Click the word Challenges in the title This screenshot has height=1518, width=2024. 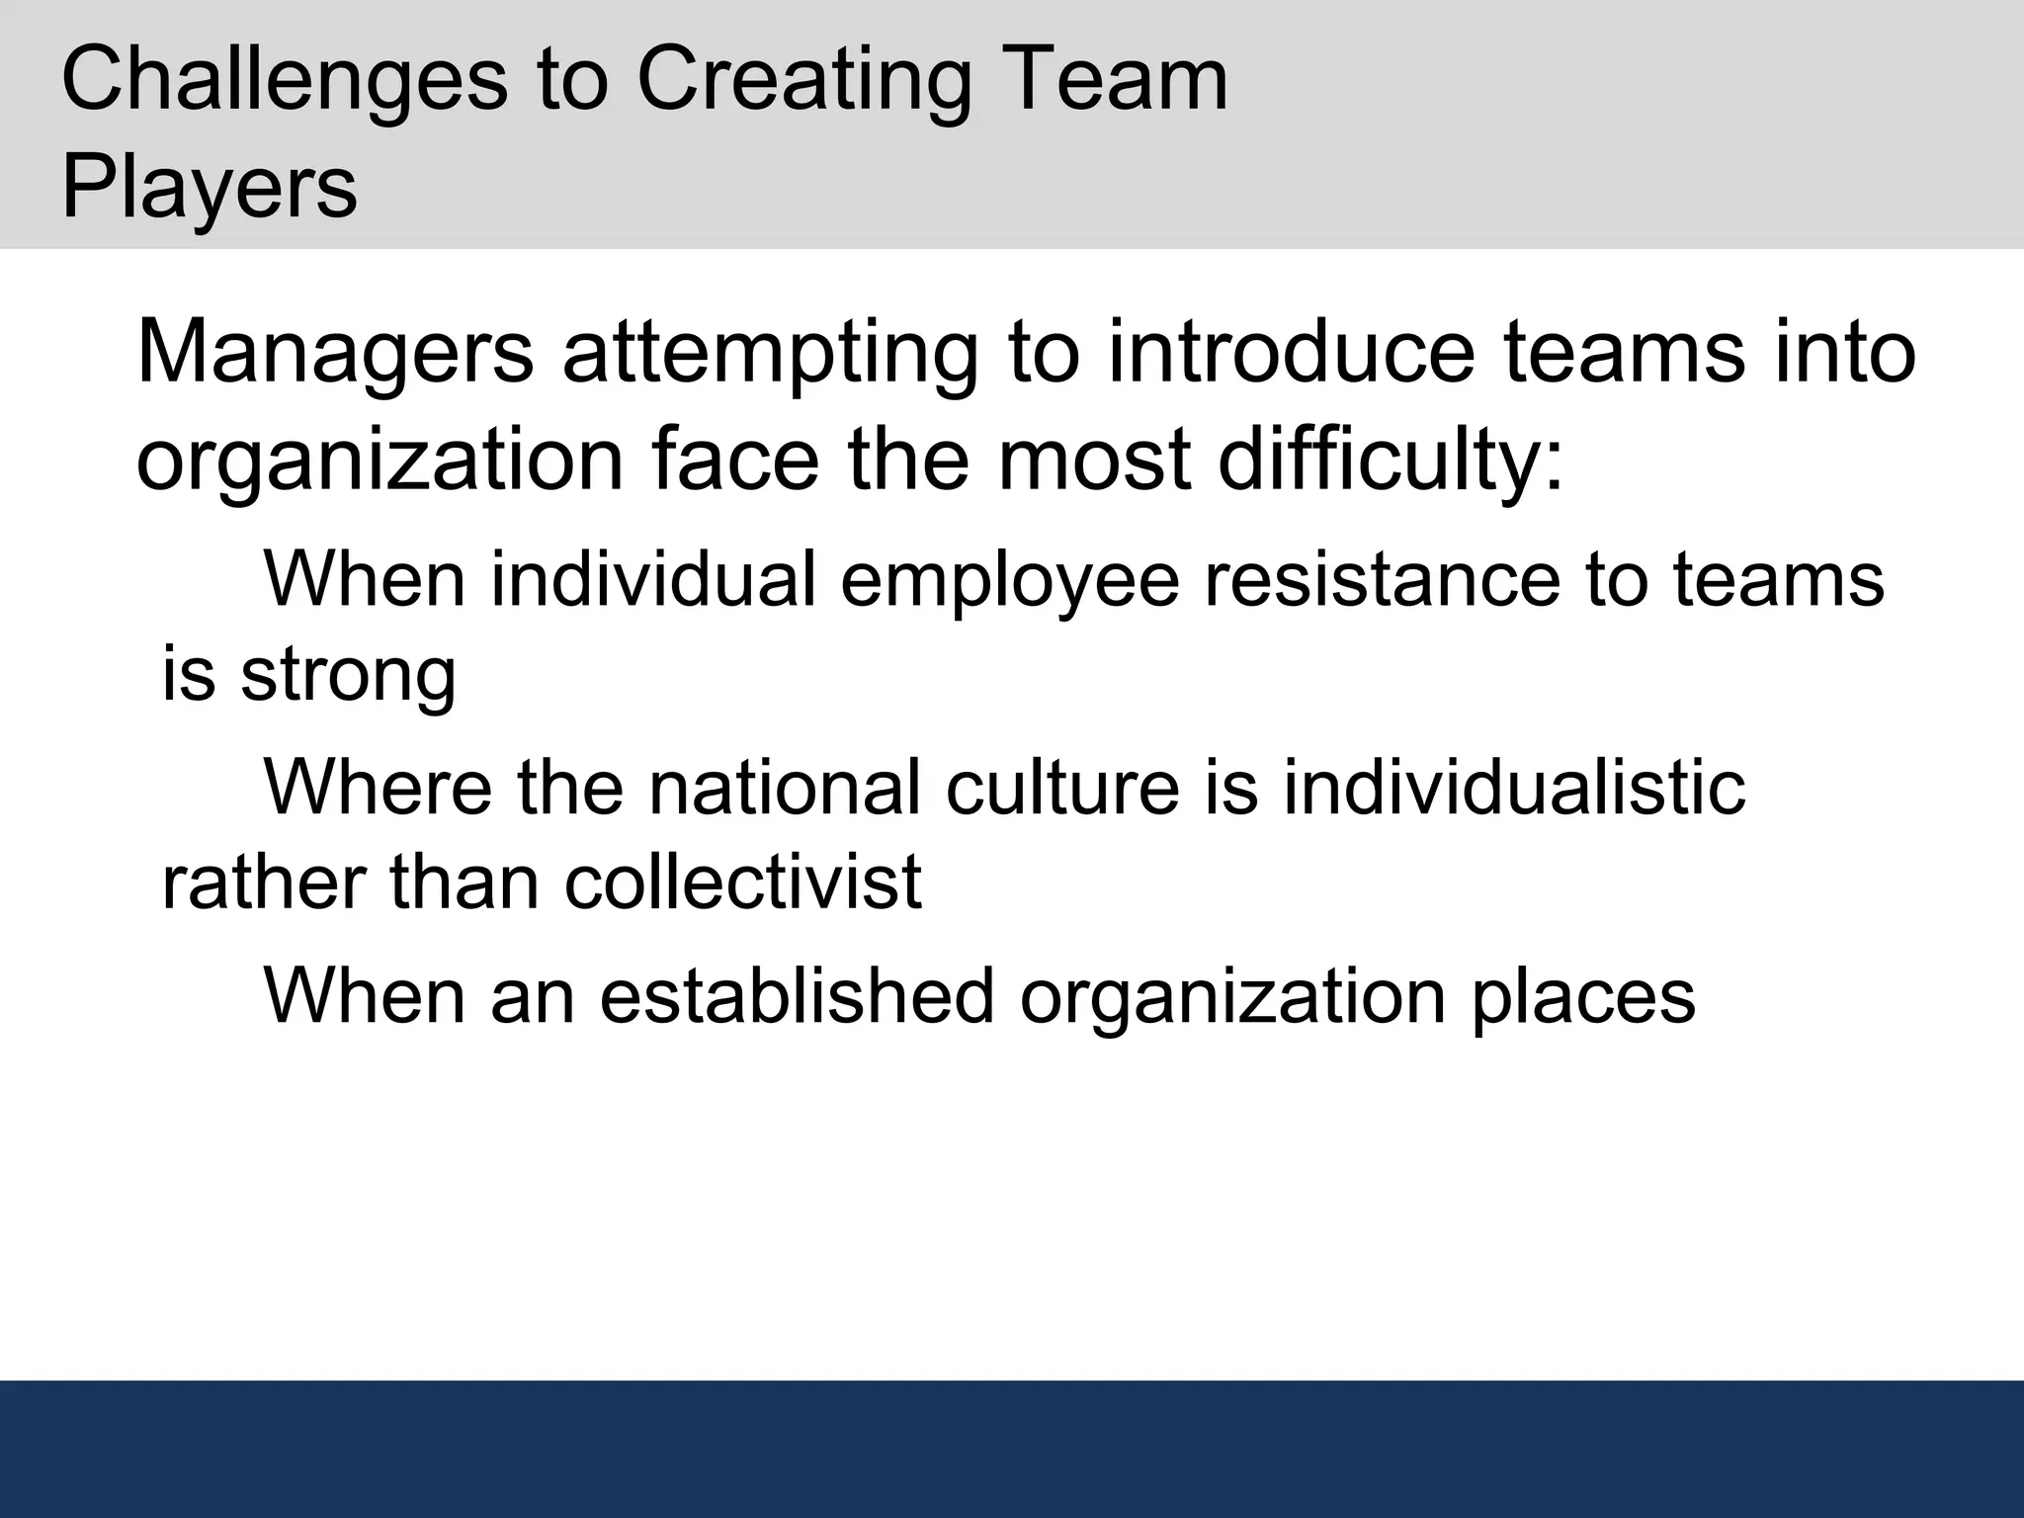pos(285,81)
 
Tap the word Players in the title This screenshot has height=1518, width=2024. pos(210,188)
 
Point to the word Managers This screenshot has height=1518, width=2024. pos(335,354)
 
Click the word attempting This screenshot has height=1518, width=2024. pos(770,354)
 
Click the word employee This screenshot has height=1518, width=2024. pos(1009,580)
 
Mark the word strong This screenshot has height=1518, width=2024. pos(348,676)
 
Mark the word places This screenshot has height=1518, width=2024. pos(1583,997)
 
